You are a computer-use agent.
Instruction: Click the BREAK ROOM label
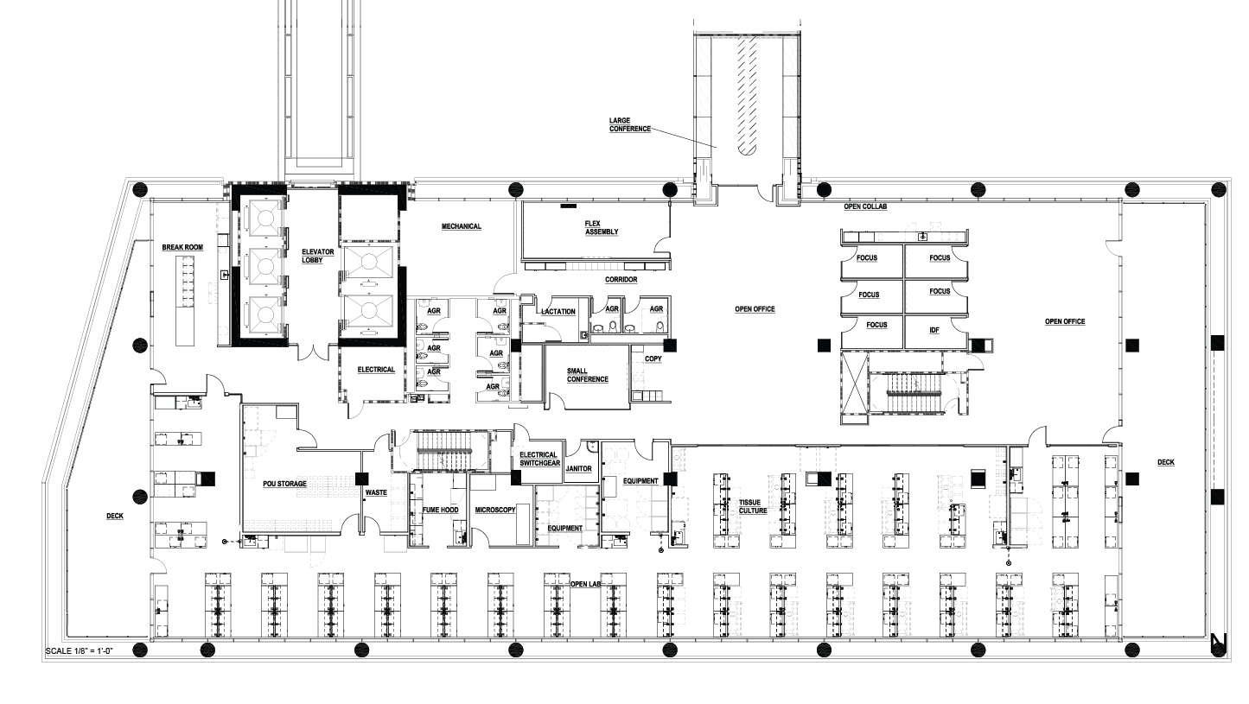[182, 248]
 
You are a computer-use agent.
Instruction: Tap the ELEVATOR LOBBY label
[318, 256]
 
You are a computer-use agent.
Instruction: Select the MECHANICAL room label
[461, 226]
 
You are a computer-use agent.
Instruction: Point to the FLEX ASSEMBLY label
[602, 228]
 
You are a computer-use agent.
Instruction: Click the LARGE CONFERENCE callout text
[630, 124]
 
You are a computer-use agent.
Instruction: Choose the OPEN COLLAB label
[865, 206]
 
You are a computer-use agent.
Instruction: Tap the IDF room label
[934, 331]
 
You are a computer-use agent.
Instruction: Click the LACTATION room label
[558, 312]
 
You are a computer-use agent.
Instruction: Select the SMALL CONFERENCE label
[588, 375]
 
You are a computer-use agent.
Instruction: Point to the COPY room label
[653, 359]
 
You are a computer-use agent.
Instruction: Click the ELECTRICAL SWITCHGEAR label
[539, 459]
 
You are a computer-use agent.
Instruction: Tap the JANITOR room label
[579, 469]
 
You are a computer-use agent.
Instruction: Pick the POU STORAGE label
[284, 484]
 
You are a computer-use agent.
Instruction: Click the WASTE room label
[376, 492]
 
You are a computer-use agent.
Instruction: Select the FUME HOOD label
[441, 510]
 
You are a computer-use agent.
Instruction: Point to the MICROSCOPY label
[495, 510]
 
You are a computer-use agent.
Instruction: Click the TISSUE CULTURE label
[753, 507]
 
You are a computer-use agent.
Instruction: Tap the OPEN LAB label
[585, 584]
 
